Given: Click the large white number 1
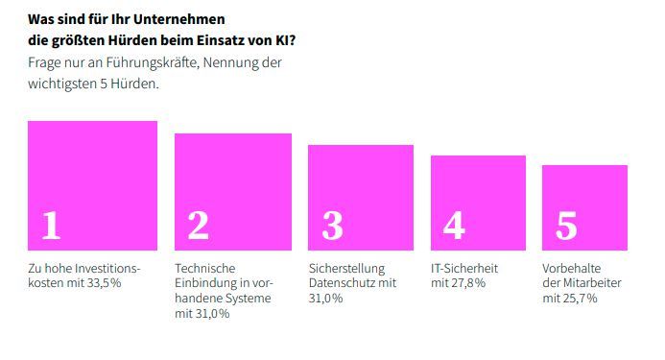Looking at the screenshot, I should pos(51,225).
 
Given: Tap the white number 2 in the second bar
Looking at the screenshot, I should pos(198,225).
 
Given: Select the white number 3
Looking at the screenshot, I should pos(332,225).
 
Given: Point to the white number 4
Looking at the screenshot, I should pos(454,225).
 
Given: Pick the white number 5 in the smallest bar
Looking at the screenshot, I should pos(566,226).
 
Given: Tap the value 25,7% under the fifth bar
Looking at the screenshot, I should pos(581,299).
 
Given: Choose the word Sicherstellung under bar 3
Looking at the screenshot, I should pos(346,268).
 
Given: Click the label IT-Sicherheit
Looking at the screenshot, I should pos(465,268).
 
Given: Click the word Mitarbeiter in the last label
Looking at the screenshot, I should pos(594,283).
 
